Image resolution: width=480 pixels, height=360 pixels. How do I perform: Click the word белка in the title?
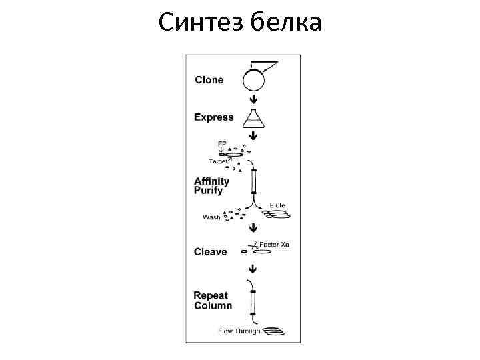pyautogui.click(x=287, y=23)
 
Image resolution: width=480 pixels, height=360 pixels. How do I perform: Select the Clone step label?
pyautogui.click(x=209, y=81)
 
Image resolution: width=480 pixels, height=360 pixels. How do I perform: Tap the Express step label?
pyautogui.click(x=214, y=117)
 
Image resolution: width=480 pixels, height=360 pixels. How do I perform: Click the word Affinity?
pyautogui.click(x=211, y=181)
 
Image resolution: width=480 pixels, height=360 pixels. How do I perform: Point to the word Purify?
pyautogui.click(x=209, y=191)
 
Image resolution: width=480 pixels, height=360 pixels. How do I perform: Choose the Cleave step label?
pyautogui.click(x=211, y=252)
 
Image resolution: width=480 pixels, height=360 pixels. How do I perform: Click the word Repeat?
pyautogui.click(x=211, y=296)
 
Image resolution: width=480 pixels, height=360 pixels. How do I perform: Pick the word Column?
pyautogui.click(x=213, y=306)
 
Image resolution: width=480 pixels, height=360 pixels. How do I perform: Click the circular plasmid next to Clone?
pyautogui.click(x=253, y=81)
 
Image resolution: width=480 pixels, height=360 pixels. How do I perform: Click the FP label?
pyautogui.click(x=222, y=143)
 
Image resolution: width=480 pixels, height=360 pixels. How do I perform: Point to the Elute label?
pyautogui.click(x=278, y=205)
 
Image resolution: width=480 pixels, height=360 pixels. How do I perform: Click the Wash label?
pyautogui.click(x=211, y=217)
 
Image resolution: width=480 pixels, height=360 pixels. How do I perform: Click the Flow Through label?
pyautogui.click(x=239, y=331)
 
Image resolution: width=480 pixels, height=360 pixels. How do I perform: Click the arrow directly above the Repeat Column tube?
pyautogui.click(x=253, y=269)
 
